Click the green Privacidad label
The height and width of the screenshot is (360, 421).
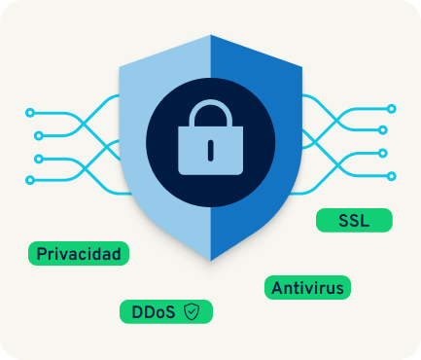click(79, 253)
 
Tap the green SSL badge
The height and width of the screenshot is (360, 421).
click(354, 220)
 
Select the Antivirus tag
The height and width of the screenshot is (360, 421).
click(307, 287)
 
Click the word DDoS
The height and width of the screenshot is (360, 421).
click(154, 312)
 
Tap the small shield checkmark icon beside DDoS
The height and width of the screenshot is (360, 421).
click(192, 311)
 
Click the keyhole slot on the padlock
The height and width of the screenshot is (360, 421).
click(211, 151)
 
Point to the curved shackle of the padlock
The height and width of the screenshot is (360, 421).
click(211, 113)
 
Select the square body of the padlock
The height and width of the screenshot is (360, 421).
click(211, 151)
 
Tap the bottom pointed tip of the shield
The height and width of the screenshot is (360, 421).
click(211, 260)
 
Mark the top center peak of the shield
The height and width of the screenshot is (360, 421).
click(211, 35)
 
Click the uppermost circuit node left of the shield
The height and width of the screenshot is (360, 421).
click(30, 113)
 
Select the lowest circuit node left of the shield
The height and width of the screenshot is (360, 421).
click(30, 180)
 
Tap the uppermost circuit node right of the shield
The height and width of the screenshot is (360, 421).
click(392, 109)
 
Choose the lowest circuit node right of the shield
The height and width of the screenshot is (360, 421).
click(392, 176)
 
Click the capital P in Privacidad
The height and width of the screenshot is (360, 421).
click(42, 254)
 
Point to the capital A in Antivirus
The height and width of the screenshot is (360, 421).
click(278, 288)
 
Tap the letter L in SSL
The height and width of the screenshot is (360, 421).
click(365, 221)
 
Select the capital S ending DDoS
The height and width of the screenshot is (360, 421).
click(169, 312)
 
